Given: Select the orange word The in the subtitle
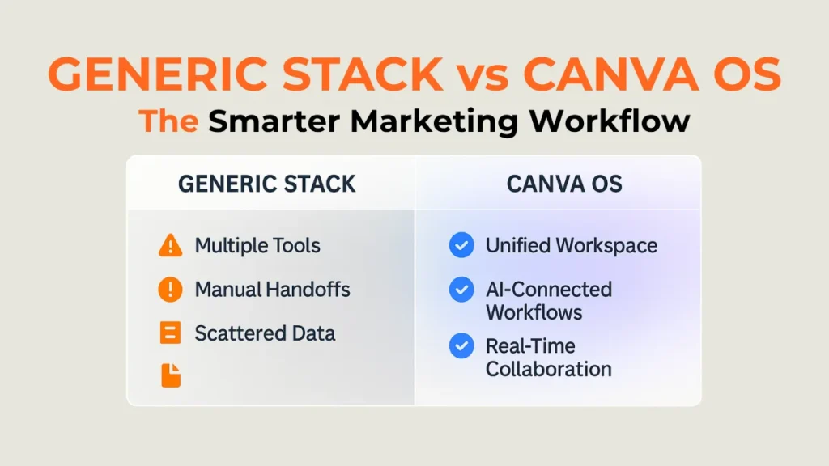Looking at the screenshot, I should pos(168,121).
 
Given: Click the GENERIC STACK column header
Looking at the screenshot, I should pos(266,184).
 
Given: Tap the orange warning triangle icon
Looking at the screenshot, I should pos(170,245).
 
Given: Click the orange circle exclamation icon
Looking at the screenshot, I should pos(170,290).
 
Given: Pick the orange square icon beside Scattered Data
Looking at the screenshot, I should pos(170,333).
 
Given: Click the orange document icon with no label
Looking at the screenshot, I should pos(171,375).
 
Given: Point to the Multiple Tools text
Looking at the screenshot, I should pos(257,245).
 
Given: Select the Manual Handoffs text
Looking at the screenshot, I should pos(272,290).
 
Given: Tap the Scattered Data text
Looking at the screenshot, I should pos(265,333).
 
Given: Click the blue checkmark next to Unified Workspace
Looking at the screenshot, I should pos(461,245).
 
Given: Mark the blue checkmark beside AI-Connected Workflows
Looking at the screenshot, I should pos(461,289).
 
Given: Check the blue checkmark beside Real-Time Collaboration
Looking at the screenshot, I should pos(461,346).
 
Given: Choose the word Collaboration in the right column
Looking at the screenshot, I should pos(548,370).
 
